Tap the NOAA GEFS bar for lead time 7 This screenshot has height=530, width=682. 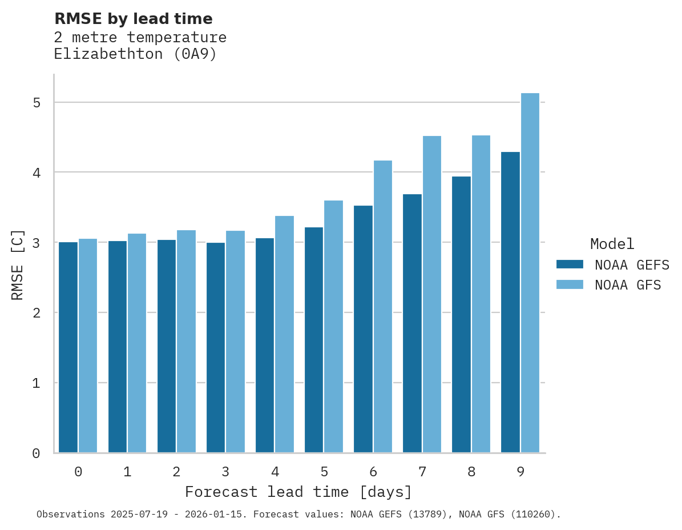coord(412,323)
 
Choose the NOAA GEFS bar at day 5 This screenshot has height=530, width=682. coord(314,340)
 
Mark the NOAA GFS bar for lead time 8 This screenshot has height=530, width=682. coord(481,294)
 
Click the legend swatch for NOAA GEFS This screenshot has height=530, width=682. coord(570,264)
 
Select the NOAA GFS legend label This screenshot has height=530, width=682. coord(628,285)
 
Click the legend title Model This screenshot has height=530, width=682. coord(612,244)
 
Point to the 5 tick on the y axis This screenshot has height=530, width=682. coord(37,103)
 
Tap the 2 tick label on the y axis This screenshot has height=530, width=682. coord(37,312)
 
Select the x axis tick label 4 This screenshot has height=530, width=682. coord(275,472)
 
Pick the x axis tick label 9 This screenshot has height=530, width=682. coord(520,472)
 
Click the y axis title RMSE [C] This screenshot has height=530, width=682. coord(18,264)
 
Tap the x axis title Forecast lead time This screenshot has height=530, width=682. coord(298,492)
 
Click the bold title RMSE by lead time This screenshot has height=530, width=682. coord(133,19)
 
